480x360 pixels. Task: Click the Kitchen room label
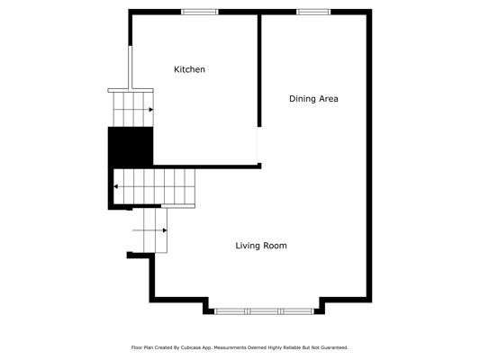pyautogui.click(x=189, y=69)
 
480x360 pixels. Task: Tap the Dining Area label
pyautogui.click(x=313, y=99)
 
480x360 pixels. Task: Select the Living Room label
pyautogui.click(x=261, y=246)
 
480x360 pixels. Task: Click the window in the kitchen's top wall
pyautogui.click(x=200, y=12)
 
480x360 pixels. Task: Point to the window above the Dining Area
pyautogui.click(x=313, y=12)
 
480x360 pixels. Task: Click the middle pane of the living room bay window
pyautogui.click(x=264, y=311)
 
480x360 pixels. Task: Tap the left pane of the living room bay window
pyautogui.click(x=231, y=311)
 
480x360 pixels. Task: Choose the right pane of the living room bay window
pyautogui.click(x=297, y=311)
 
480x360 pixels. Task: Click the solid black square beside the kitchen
pyautogui.click(x=131, y=147)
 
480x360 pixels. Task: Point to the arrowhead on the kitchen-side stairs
pyautogui.click(x=151, y=110)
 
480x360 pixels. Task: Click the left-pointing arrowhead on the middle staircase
pyautogui.click(x=116, y=186)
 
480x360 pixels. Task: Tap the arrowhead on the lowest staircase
pyautogui.click(x=165, y=230)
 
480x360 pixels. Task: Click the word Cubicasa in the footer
pyautogui.click(x=190, y=347)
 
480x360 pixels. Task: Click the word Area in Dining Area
pyautogui.click(x=329, y=99)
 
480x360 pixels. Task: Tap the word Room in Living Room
pyautogui.click(x=276, y=246)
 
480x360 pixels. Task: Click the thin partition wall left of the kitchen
pyautogui.click(x=131, y=67)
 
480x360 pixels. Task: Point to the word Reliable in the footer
pyautogui.click(x=292, y=347)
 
